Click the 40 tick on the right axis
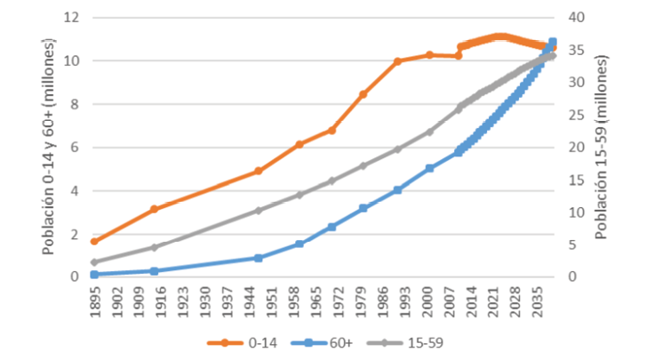(x=578, y=18)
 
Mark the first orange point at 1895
(x=94, y=241)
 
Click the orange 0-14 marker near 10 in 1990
(x=397, y=61)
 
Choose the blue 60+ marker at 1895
(x=94, y=275)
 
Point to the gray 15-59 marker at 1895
(x=94, y=262)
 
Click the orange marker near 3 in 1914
(x=154, y=209)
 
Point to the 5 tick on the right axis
(x=574, y=244)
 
